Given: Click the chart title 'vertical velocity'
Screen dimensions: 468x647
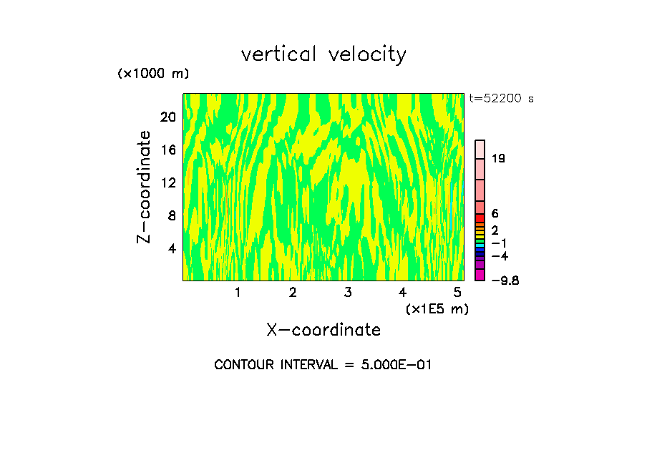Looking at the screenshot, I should [x=323, y=54].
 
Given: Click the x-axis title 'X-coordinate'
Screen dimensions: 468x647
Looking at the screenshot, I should [x=323, y=330].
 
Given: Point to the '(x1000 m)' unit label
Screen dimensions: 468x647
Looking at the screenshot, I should [x=153, y=74].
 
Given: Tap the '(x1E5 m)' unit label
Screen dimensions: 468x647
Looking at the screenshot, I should [x=437, y=308].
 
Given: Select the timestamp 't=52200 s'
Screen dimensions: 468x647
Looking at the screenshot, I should [x=501, y=99].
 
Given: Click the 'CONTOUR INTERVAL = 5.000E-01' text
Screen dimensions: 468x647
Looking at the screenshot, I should [x=323, y=365].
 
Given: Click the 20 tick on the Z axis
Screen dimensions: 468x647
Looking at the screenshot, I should [x=168, y=117].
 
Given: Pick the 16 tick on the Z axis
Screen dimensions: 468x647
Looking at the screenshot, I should [x=168, y=150].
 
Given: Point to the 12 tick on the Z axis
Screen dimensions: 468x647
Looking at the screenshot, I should [x=168, y=183].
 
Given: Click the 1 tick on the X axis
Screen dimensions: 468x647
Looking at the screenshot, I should [x=238, y=293].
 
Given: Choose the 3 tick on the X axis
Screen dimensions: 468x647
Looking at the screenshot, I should [x=347, y=293].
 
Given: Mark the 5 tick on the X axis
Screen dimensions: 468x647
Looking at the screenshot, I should [x=457, y=293].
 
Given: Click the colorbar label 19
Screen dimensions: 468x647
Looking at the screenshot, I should [x=499, y=159].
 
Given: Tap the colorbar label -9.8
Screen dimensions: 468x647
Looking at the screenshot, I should [x=505, y=281].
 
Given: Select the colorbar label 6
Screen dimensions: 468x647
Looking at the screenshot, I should [x=495, y=214].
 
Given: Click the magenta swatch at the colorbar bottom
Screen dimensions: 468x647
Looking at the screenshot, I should [x=480, y=275].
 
